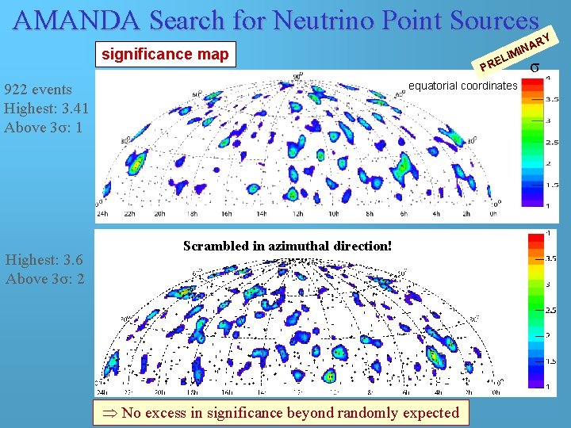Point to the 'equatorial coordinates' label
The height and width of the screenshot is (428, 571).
(x=462, y=86)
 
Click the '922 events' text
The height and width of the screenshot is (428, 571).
(x=37, y=90)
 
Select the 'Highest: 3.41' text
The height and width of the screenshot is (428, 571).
(x=46, y=108)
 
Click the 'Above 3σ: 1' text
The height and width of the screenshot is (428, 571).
(x=44, y=126)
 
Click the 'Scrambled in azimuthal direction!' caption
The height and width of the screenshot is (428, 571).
(x=287, y=246)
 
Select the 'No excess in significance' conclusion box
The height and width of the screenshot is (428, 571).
(x=282, y=412)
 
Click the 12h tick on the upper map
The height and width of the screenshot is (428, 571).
(x=297, y=213)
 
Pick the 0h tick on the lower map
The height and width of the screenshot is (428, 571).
(x=496, y=391)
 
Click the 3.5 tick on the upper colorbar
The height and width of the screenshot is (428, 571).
(x=549, y=99)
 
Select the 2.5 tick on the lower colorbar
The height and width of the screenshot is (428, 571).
(x=549, y=310)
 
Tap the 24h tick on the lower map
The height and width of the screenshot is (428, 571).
(x=101, y=391)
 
